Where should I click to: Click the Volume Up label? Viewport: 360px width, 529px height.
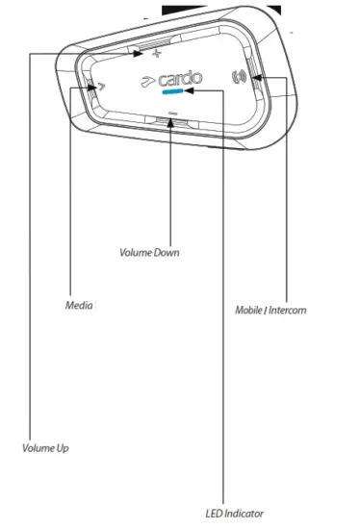coord(46,448)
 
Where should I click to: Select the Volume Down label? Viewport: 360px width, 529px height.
coord(149,253)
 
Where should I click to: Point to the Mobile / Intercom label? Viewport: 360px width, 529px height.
coord(271,310)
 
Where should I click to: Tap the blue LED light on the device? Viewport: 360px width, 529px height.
coord(172,93)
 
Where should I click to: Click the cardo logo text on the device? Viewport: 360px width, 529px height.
coord(175,78)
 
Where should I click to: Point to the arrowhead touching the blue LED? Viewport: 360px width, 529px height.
coord(189,93)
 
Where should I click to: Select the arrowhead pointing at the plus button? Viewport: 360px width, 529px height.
coord(141,52)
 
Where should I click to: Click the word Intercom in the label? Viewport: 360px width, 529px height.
coord(290,310)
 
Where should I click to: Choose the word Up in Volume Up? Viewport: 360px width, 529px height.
coord(64,448)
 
